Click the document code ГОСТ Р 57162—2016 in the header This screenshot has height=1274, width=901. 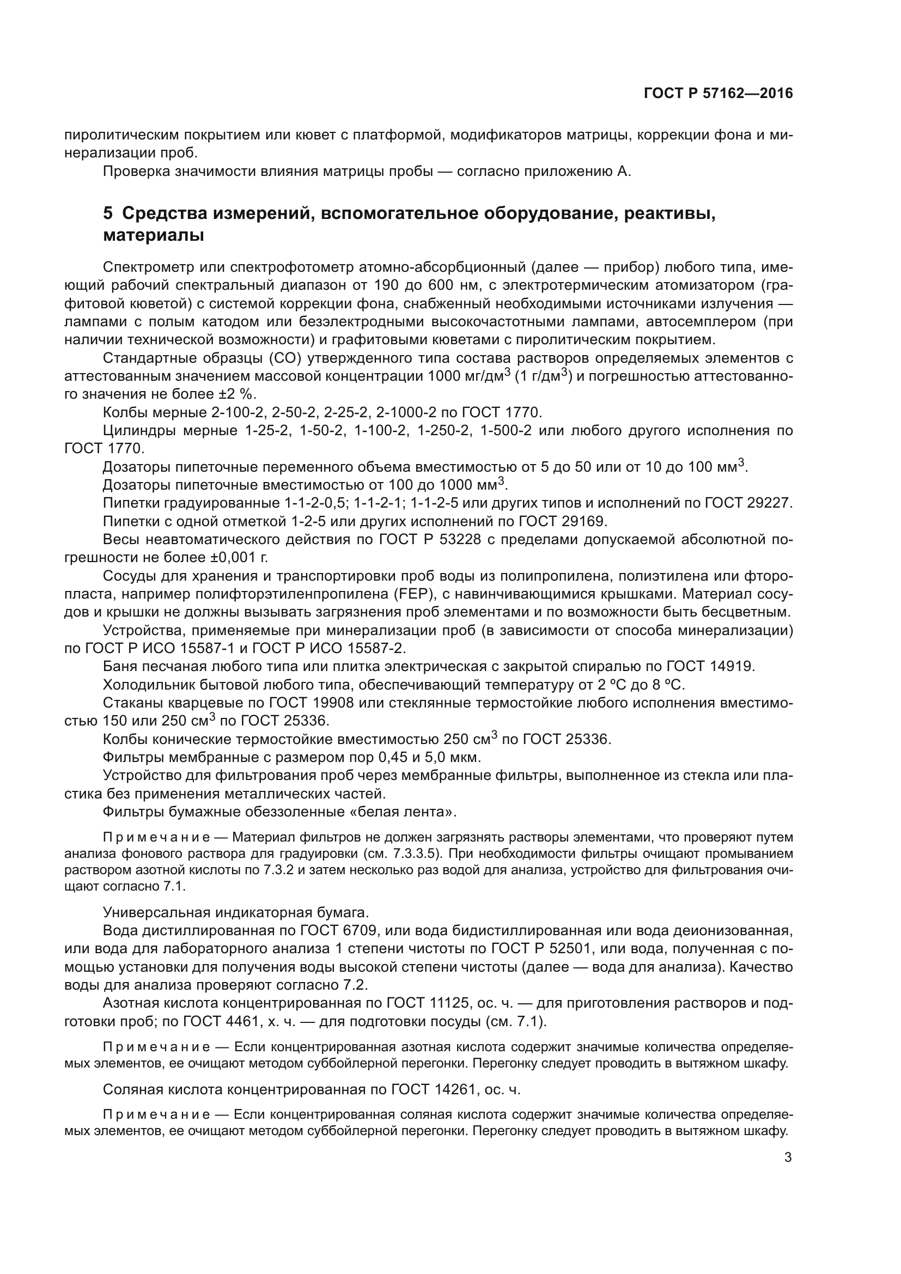pos(718,94)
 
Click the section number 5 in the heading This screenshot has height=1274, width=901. pos(108,214)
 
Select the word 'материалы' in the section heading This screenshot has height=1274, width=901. pos(154,235)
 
